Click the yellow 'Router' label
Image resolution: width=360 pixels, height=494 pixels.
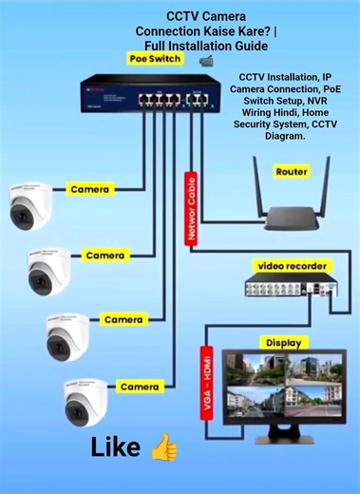[x=291, y=172]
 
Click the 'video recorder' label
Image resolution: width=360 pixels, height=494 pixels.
[x=291, y=266]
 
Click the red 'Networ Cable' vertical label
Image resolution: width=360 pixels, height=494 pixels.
[x=193, y=210]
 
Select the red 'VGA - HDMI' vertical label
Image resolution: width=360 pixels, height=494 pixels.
[x=205, y=385]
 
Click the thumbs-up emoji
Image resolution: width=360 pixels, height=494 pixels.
[x=164, y=446]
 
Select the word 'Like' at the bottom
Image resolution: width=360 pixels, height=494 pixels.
[x=116, y=447]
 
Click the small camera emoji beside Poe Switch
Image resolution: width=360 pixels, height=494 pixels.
[x=206, y=60]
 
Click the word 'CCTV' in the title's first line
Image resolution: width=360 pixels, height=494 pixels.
[x=181, y=17]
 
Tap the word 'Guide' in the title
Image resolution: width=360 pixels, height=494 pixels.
[x=246, y=45]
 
